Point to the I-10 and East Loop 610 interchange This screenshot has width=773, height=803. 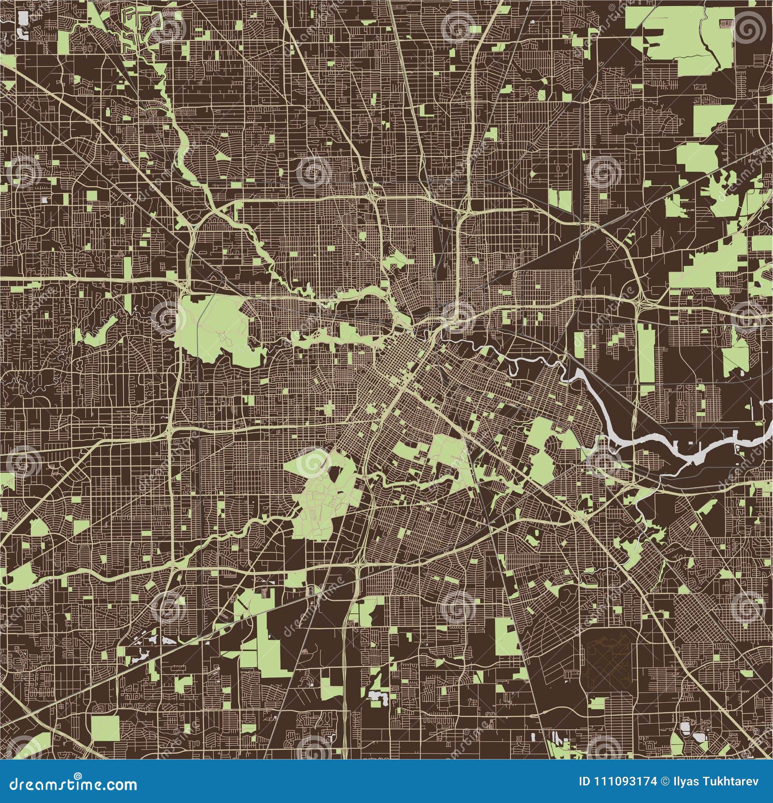pyautogui.click(x=638, y=302)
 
